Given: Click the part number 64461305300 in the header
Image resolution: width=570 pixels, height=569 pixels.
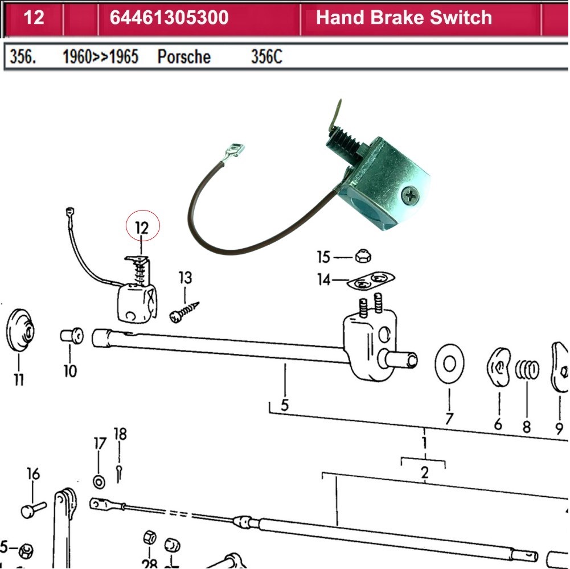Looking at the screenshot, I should point(169,18).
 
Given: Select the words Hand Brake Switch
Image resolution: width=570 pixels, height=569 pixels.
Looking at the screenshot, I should point(404,18).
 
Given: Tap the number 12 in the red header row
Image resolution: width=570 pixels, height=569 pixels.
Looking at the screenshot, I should point(34,18).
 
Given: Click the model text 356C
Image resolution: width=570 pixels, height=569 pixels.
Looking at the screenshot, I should point(266,57).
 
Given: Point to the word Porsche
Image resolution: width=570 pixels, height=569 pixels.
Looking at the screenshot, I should point(184,57).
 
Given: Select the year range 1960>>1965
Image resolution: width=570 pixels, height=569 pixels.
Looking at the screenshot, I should point(100,57).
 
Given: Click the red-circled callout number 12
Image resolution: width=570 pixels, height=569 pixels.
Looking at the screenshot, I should point(142,228).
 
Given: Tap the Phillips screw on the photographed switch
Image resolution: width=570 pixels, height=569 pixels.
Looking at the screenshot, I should point(410,197).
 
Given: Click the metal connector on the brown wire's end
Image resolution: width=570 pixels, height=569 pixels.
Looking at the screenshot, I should point(235,152).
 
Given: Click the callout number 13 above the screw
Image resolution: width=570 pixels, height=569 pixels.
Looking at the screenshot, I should point(185,278).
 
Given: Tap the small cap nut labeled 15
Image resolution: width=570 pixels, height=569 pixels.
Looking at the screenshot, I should point(360,257).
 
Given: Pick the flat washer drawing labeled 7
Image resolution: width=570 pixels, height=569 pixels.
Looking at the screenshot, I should point(449,364).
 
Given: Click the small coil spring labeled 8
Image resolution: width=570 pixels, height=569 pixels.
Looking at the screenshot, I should point(527,370).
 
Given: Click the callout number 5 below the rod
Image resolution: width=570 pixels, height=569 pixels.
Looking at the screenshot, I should point(285,405).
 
